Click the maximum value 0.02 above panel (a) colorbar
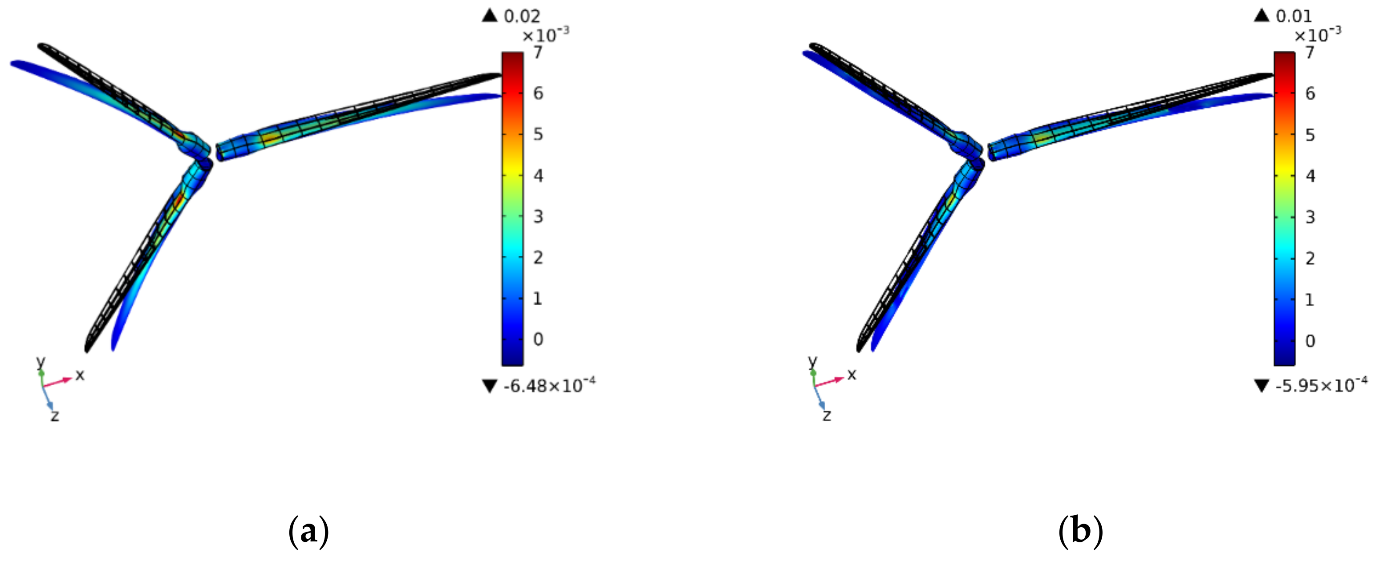[522, 16]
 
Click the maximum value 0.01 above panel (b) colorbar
[1294, 16]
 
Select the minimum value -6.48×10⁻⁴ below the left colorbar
[549, 386]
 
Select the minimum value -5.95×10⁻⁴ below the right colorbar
[1321, 386]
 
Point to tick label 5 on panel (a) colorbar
[538, 134]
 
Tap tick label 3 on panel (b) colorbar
[1310, 217]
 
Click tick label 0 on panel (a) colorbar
[538, 339]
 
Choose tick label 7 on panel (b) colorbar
[1310, 52]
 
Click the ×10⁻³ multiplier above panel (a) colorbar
[545, 35]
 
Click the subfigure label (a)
[308, 531]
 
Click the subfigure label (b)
[1080, 531]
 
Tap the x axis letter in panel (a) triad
[80, 375]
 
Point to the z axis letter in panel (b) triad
[827, 415]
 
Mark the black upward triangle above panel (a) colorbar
[490, 16]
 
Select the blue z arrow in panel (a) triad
[48, 399]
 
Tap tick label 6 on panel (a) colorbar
[538, 93]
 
